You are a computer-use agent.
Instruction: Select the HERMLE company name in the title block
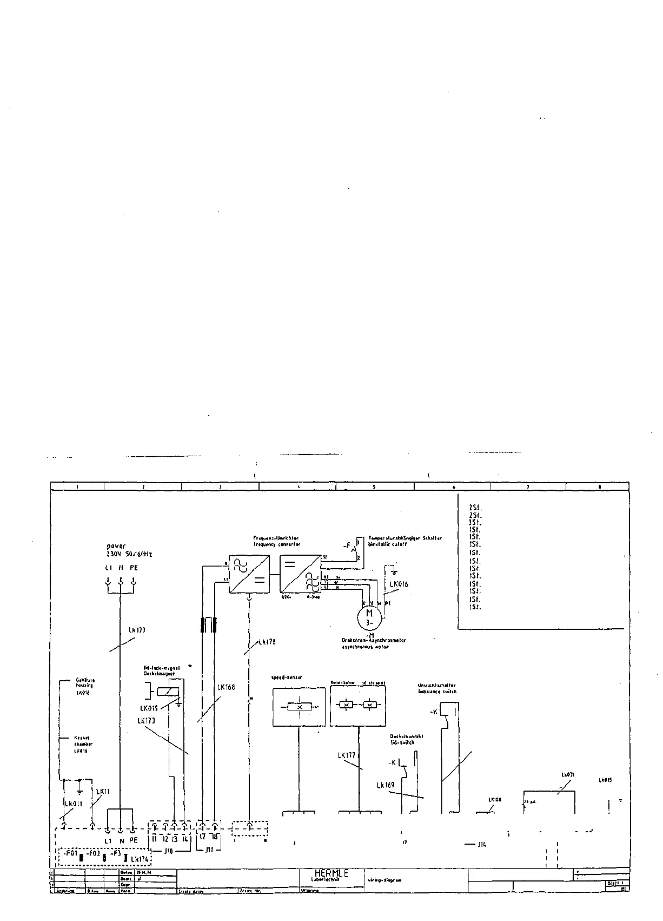(x=331, y=873)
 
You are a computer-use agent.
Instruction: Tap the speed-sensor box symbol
(x=299, y=707)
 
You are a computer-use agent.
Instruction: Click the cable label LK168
(x=226, y=687)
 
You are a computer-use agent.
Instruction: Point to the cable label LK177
(x=346, y=755)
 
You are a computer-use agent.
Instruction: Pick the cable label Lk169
(x=386, y=785)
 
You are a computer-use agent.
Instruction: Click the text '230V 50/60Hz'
(x=130, y=554)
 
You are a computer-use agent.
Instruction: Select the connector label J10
(x=168, y=851)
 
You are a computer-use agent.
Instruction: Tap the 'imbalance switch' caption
(x=437, y=692)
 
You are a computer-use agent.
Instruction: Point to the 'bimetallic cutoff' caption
(x=387, y=544)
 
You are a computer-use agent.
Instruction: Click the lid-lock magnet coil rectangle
(x=167, y=692)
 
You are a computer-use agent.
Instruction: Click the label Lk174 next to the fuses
(x=140, y=859)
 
